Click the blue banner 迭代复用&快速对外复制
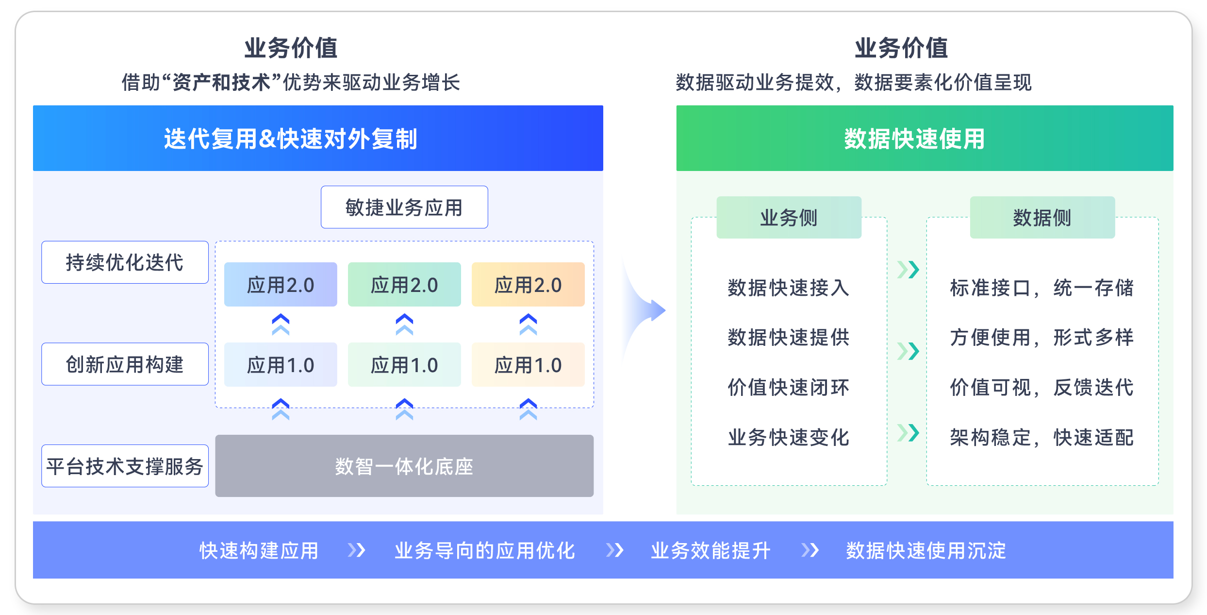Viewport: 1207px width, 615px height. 318,138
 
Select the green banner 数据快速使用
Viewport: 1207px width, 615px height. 925,138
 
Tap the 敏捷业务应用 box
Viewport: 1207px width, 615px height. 404,207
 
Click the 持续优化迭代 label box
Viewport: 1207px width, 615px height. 125,262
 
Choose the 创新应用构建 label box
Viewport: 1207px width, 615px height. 125,364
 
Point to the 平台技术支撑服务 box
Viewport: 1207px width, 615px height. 125,466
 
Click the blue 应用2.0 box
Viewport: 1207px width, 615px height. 281,285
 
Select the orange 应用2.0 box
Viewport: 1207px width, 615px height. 528,285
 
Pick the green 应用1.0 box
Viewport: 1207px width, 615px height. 404,365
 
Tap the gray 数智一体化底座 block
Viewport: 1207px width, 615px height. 404,466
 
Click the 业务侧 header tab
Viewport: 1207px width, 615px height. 789,218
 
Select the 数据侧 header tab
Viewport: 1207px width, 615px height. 1042,218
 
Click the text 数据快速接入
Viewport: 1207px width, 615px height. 789,288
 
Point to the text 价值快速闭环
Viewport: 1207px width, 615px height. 789,388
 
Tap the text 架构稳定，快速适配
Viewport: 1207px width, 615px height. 1042,438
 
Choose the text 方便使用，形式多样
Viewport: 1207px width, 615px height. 1042,338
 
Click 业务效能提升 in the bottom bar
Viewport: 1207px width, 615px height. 711,551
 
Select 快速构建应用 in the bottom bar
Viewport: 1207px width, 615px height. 259,551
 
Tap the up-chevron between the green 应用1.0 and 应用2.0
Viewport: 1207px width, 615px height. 404,325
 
